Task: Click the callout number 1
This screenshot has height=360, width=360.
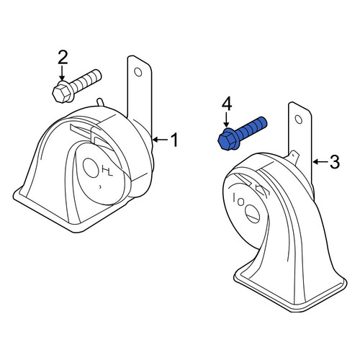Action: coord(174,140)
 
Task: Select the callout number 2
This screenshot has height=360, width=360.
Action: coord(63,58)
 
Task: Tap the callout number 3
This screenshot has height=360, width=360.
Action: coord(335,162)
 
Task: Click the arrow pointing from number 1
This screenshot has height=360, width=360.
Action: coord(160,140)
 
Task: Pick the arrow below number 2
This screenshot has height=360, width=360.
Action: coord(62,73)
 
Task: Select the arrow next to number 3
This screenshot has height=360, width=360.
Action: coord(320,162)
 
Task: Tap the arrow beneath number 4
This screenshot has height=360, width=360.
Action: coord(226,120)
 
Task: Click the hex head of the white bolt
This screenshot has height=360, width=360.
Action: coord(62,92)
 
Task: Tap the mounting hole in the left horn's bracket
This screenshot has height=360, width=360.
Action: coord(138,72)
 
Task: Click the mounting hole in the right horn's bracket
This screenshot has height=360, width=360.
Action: coord(299,120)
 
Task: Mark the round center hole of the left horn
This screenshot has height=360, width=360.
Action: coord(91,168)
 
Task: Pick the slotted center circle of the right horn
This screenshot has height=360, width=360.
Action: coord(253,214)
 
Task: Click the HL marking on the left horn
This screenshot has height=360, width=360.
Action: coord(107,171)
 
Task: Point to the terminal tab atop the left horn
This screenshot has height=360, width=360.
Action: coord(100,102)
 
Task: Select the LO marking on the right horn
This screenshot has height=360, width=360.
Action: coord(238,200)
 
